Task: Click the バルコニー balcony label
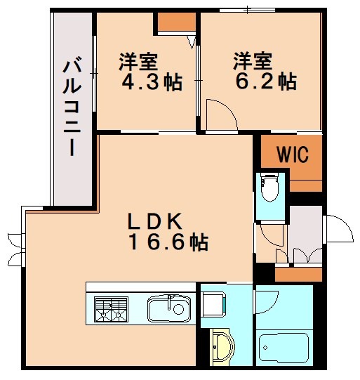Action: coord(70,110)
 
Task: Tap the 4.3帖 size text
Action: coord(153,83)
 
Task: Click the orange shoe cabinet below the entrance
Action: coord(298,273)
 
